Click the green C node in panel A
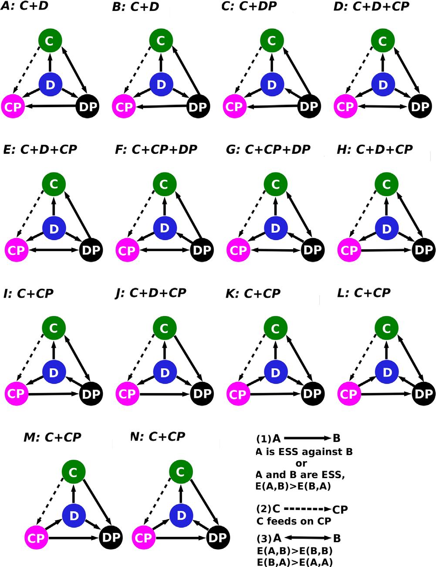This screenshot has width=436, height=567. [x=50, y=41]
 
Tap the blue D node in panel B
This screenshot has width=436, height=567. [x=161, y=84]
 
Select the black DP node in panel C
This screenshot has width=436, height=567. [x=309, y=106]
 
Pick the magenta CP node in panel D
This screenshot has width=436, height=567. [x=345, y=106]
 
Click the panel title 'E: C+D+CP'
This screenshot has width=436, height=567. [x=40, y=149]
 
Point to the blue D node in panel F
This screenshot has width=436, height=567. [x=164, y=227]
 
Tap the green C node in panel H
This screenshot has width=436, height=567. [x=386, y=184]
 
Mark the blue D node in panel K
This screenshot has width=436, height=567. [x=275, y=373]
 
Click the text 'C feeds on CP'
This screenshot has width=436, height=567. [x=294, y=521]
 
